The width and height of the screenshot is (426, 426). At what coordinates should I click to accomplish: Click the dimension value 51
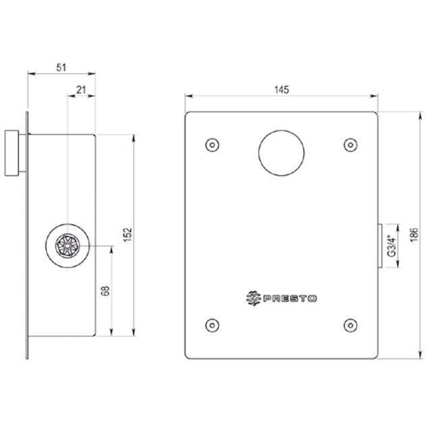(x=61, y=68)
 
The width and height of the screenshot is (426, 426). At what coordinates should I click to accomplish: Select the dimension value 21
(x=81, y=89)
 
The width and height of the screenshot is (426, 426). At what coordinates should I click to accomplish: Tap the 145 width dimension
(x=282, y=89)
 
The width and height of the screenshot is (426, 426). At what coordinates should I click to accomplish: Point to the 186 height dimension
(x=414, y=235)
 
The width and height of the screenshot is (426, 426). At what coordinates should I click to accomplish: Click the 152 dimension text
(x=128, y=235)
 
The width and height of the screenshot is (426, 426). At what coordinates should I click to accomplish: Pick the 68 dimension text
(x=105, y=291)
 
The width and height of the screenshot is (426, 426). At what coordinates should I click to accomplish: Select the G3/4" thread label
(x=391, y=246)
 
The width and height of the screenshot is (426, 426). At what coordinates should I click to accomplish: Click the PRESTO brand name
(x=290, y=299)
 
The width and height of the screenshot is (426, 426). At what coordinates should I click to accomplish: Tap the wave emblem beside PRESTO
(x=253, y=298)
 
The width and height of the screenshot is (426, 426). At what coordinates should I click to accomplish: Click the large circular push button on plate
(x=281, y=153)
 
